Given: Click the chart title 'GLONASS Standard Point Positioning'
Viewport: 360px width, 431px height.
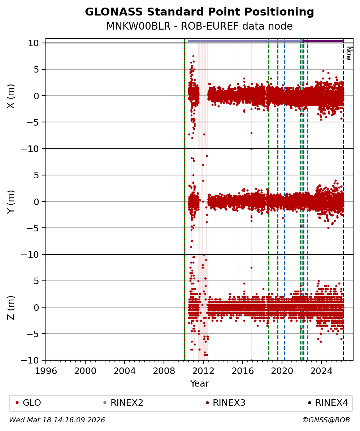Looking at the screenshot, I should pyautogui.click(x=199, y=12).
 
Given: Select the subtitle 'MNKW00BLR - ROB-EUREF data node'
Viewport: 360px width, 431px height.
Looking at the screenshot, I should pyautogui.click(x=199, y=26).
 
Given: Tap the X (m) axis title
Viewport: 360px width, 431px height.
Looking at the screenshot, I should pyautogui.click(x=11, y=96).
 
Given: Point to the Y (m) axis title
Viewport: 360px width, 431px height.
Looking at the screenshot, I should pyautogui.click(x=11, y=201).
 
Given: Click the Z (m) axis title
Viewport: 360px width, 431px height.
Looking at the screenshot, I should pyautogui.click(x=11, y=308).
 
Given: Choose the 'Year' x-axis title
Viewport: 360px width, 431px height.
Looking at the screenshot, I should pyautogui.click(x=199, y=384).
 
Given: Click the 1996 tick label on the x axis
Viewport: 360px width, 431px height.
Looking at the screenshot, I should pyautogui.click(x=46, y=371).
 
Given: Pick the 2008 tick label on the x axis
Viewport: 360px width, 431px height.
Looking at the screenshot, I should pyautogui.click(x=164, y=371).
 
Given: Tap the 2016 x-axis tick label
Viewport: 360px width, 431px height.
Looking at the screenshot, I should pyautogui.click(x=243, y=371).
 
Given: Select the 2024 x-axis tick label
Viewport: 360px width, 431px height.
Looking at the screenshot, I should pyautogui.click(x=321, y=371).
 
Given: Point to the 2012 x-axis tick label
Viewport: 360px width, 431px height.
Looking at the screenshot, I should pyautogui.click(x=203, y=371).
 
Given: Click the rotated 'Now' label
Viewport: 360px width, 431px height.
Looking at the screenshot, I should pyautogui.click(x=349, y=53).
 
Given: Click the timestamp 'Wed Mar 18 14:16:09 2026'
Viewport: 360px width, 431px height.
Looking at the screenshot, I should pyautogui.click(x=57, y=420).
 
